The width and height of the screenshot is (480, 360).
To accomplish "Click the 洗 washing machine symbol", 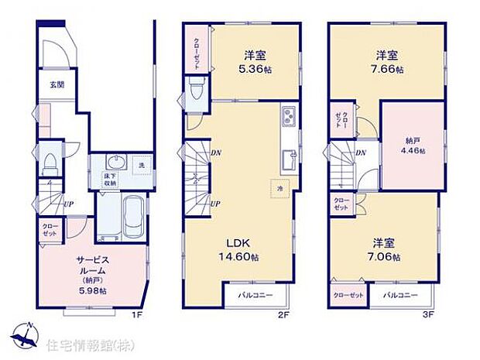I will (141, 165).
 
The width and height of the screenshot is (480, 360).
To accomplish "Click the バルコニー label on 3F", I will (400, 296).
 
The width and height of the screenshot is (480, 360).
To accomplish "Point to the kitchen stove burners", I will (288, 117).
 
